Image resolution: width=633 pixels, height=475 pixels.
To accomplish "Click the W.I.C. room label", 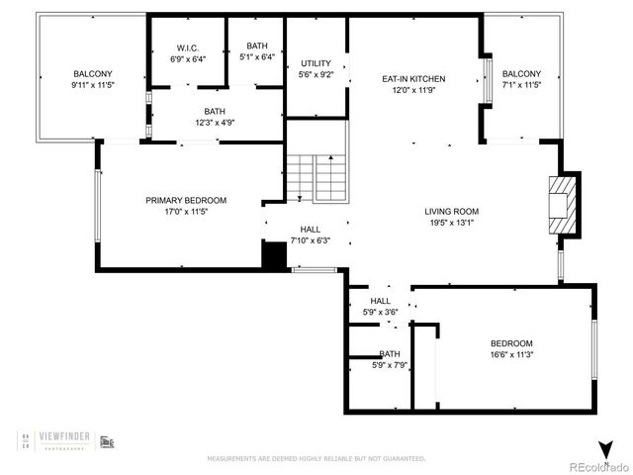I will point(187,47).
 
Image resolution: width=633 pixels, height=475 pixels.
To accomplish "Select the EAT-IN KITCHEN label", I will point(413,79).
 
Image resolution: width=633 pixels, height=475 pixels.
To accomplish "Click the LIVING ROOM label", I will point(451,211).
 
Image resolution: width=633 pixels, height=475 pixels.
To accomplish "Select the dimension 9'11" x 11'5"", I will point(93,84).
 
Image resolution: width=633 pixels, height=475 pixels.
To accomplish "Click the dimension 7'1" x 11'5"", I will point(521,84).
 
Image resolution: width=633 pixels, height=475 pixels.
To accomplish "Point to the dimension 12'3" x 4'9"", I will point(214,123).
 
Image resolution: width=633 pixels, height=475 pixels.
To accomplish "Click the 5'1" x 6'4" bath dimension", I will point(256,57).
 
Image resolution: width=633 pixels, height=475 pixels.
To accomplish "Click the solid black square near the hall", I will point(273,255).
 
